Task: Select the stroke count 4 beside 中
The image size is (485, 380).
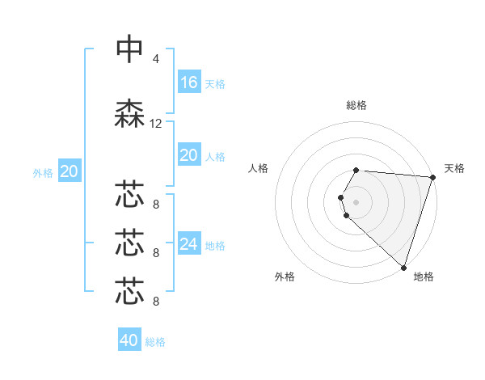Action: pos(155,59)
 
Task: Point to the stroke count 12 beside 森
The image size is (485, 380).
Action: pos(156,124)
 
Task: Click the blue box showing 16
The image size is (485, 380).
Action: pos(189,82)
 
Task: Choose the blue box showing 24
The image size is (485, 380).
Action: pos(189,244)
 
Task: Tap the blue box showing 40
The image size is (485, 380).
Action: pos(129,340)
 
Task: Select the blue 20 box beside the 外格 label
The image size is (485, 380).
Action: pos(69,171)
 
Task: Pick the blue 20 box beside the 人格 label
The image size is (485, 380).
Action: pos(189,155)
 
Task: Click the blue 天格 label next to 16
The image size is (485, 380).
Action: pos(215,83)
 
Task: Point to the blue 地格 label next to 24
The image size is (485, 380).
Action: pos(215,245)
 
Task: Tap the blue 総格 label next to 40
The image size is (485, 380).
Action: pos(155,342)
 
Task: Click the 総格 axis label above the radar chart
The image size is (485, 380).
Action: pos(356,105)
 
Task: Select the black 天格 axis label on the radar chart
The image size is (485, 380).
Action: pos(454,168)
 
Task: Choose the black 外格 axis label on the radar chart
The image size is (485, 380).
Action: pos(285,277)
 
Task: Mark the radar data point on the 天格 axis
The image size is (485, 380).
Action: pos(432,177)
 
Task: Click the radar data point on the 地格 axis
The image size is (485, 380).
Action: pos(403,267)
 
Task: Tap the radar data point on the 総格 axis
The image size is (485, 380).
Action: pos(356,170)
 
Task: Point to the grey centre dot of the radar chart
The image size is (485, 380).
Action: pos(356,201)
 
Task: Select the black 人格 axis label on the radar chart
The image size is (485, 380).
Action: pos(259,168)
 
